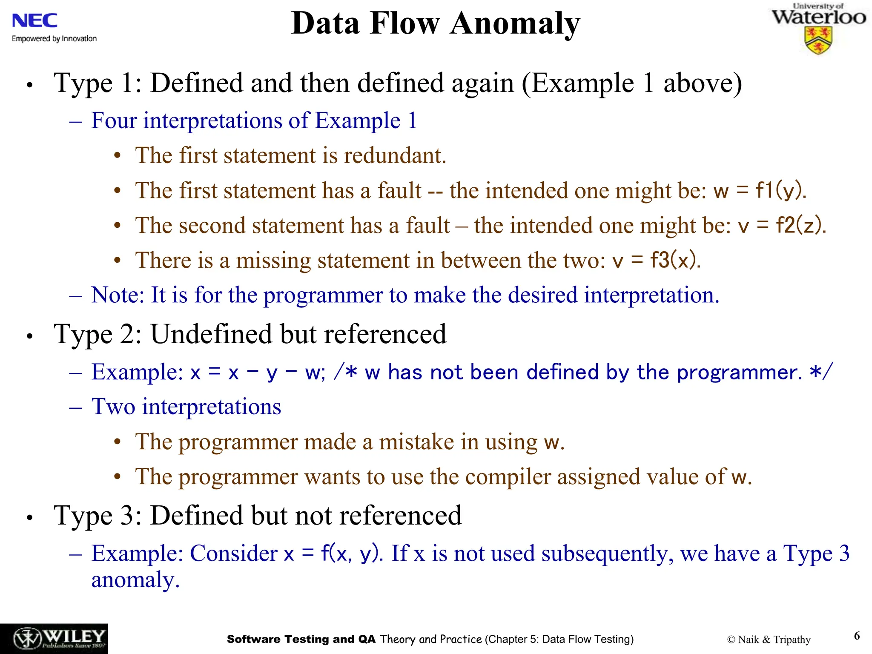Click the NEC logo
coord(34,20)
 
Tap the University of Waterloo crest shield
coord(818,41)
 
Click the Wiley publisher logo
coord(54,639)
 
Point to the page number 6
coord(857,636)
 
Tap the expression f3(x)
coord(675,260)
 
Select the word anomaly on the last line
coord(135,580)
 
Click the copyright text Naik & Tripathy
coord(769,640)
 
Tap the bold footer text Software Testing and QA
coord(301,639)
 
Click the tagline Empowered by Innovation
coord(54,39)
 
